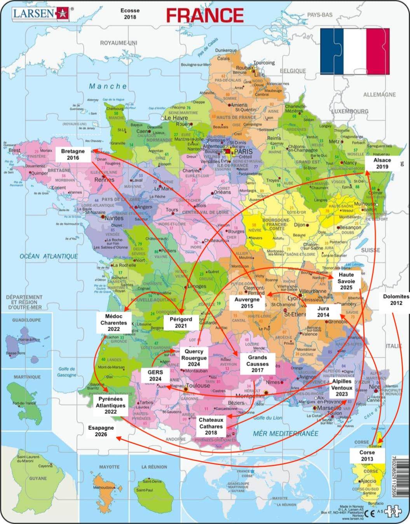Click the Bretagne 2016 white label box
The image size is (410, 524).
(x=73, y=154)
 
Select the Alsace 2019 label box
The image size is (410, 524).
(x=382, y=163)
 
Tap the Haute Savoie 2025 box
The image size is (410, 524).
(x=346, y=281)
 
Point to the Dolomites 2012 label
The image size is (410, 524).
(x=396, y=300)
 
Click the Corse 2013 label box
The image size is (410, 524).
(x=367, y=456)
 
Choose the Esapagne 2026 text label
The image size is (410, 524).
(x=101, y=431)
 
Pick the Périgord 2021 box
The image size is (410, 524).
(x=181, y=323)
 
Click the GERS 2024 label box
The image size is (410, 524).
(x=155, y=375)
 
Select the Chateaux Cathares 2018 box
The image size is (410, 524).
(x=211, y=426)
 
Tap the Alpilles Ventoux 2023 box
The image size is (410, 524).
(x=342, y=388)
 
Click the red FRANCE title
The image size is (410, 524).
(x=205, y=16)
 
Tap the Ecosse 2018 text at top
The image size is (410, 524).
(x=130, y=14)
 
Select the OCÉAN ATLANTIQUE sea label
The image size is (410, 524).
(x=49, y=256)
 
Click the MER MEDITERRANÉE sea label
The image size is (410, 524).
(x=285, y=433)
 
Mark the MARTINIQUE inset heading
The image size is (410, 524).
(x=27, y=377)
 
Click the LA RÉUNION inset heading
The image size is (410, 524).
(x=154, y=467)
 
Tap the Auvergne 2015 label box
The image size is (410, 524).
(x=247, y=303)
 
